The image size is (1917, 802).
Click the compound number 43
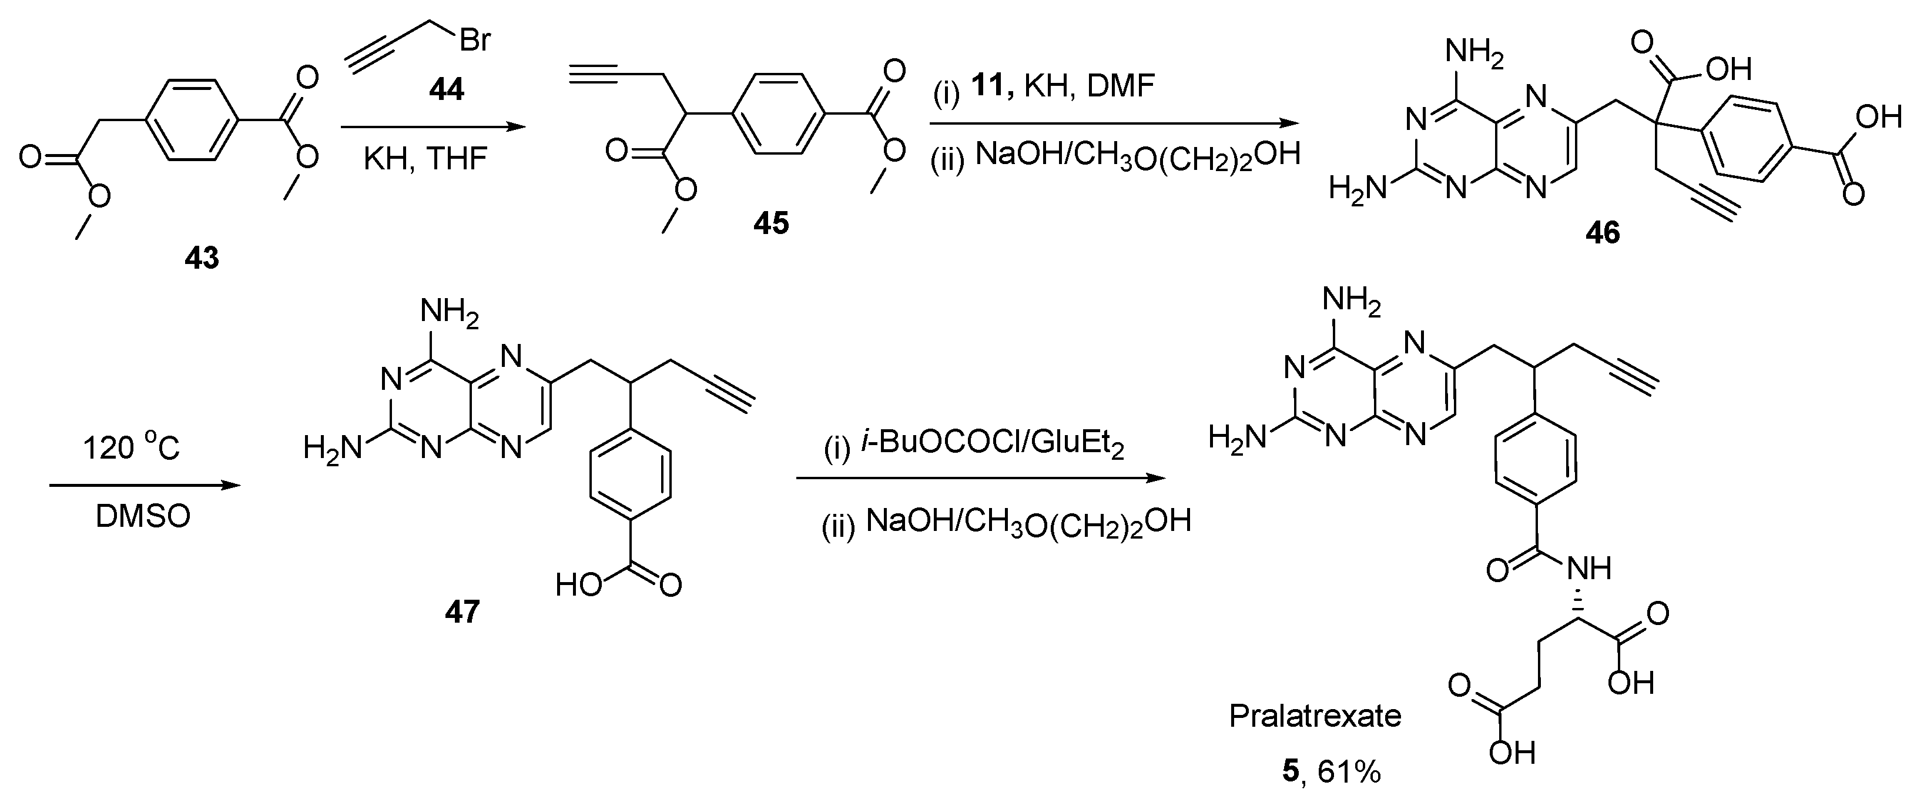click(x=202, y=258)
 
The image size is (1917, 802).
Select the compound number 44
click(x=446, y=90)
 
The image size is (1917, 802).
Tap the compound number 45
click(x=770, y=223)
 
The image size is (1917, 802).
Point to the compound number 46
click(x=1602, y=233)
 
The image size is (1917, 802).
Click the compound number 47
click(x=462, y=612)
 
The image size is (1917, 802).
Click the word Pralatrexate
click(x=1315, y=716)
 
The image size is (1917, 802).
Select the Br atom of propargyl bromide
click(x=475, y=39)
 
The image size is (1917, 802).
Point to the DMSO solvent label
click(x=143, y=517)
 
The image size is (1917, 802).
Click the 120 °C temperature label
click(x=131, y=448)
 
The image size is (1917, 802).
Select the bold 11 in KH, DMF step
click(x=988, y=88)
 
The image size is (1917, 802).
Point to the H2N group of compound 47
click(x=332, y=448)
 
